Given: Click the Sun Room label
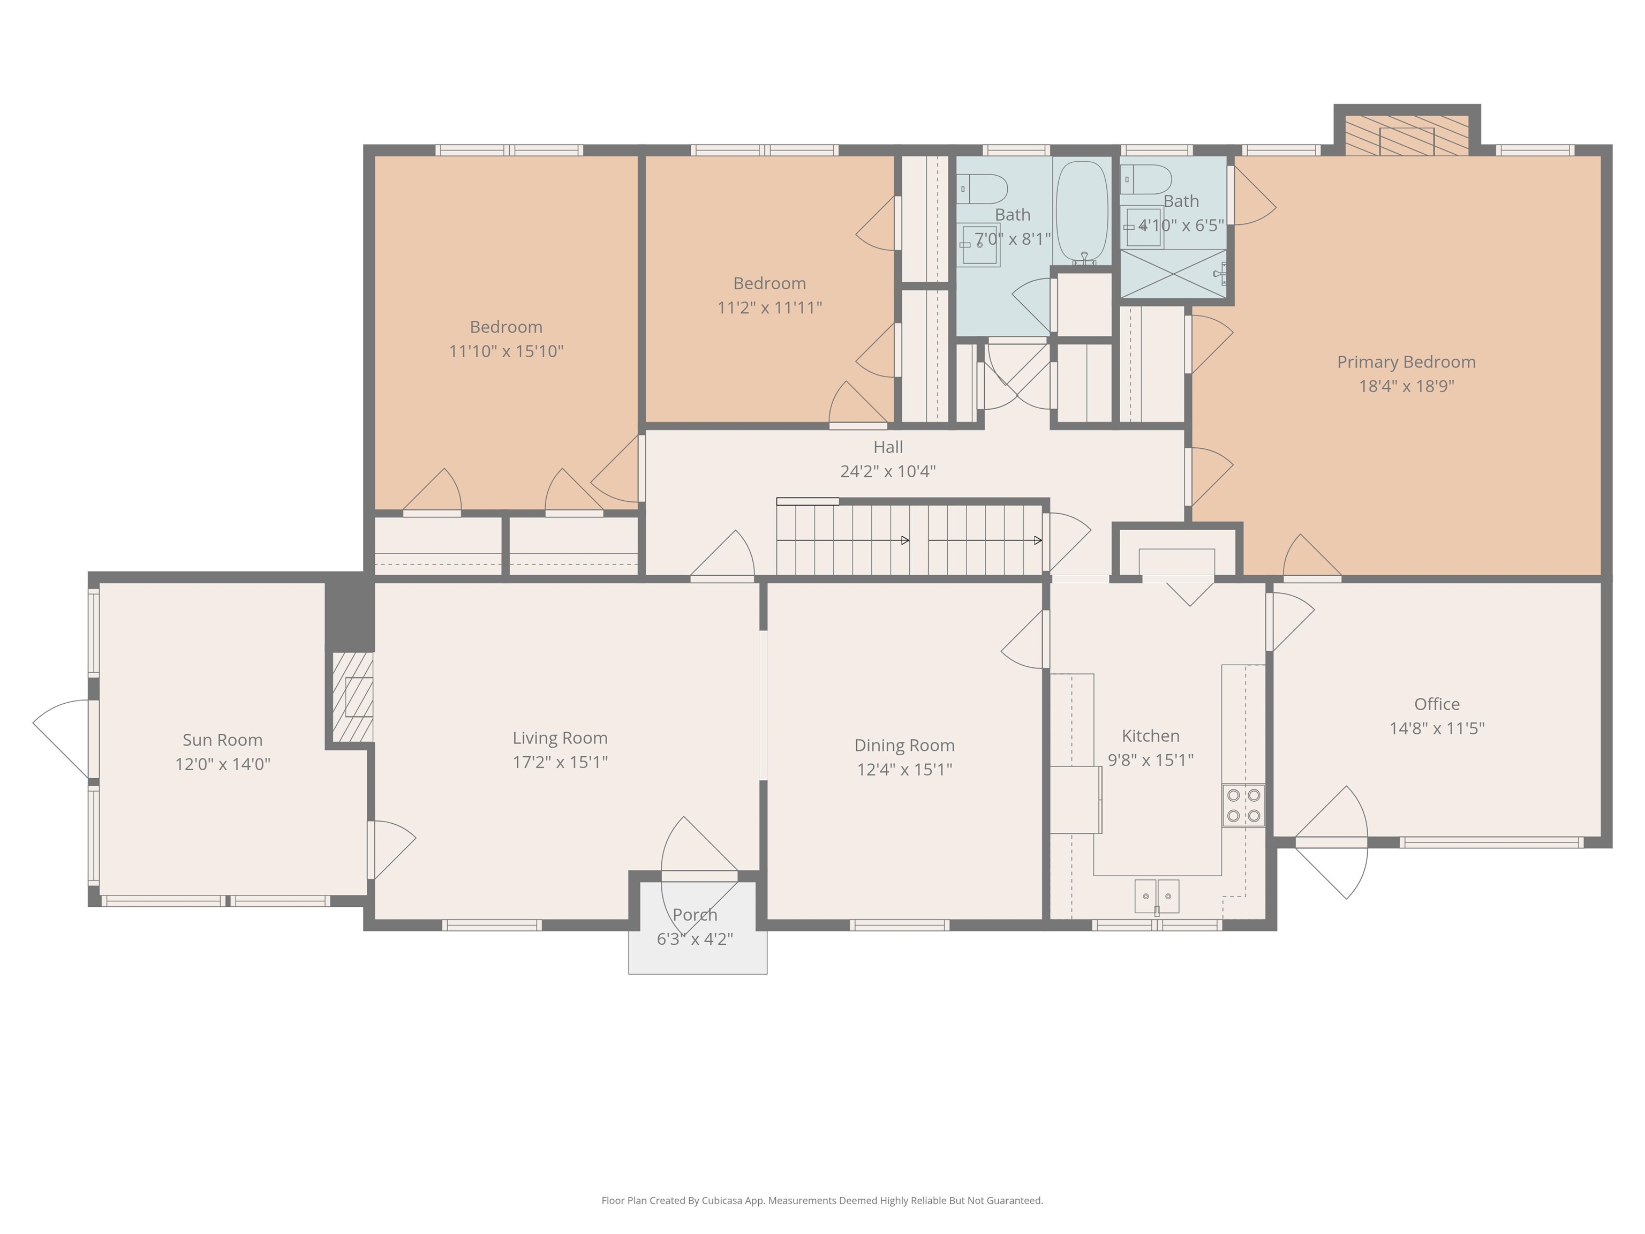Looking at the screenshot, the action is point(222,740).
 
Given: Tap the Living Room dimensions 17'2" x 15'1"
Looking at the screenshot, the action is point(560,762).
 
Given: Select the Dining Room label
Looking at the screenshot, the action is point(904,746).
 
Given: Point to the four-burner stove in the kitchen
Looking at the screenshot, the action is point(1243,806).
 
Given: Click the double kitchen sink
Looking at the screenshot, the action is point(1157,896).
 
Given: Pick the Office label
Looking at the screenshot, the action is point(1437,704).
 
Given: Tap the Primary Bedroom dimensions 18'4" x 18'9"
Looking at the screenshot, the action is point(1406,386).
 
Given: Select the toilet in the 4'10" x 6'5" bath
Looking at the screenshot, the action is point(1145,179).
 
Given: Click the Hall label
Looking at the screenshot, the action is point(888,447).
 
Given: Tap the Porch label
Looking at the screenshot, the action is point(695,915).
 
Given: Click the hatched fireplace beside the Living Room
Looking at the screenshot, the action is point(352,697).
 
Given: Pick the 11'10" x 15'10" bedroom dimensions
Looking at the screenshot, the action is point(505,351).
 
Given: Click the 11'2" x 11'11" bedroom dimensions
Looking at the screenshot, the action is point(769,307).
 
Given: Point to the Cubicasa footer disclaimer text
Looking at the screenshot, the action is point(822,1201).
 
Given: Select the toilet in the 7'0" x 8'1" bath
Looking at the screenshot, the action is point(982,189).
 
